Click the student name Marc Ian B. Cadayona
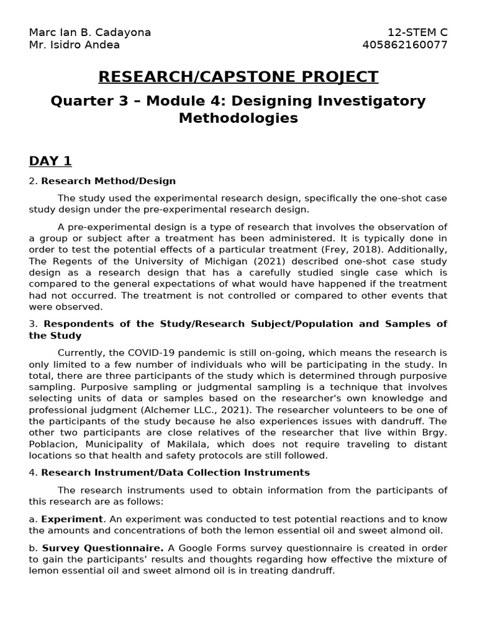click(x=90, y=32)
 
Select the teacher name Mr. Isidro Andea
click(x=75, y=45)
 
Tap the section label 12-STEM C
click(x=417, y=32)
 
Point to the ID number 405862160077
click(x=404, y=45)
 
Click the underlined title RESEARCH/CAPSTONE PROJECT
click(x=238, y=77)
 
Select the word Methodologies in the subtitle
click(x=238, y=118)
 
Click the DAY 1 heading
click(x=50, y=161)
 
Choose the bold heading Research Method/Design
click(x=108, y=181)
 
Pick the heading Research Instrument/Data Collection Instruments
click(x=175, y=473)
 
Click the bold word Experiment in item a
click(x=72, y=519)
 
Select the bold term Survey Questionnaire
click(x=103, y=549)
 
